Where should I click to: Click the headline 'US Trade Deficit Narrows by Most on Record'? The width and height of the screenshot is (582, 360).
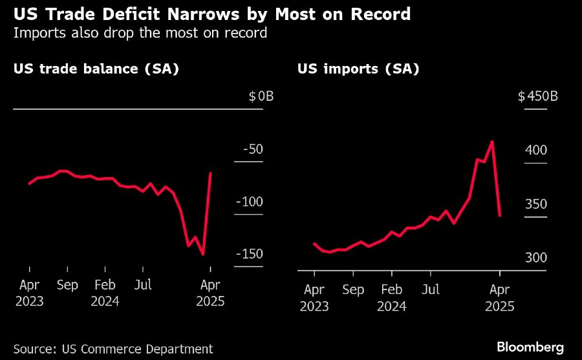click(211, 14)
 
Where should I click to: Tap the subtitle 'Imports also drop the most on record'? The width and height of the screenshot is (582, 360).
click(140, 32)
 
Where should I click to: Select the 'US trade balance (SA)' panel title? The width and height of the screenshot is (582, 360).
click(96, 68)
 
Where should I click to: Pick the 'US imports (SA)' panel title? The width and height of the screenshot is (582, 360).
click(358, 68)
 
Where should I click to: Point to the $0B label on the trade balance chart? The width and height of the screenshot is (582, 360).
click(261, 97)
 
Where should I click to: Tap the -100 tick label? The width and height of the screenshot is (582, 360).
click(249, 202)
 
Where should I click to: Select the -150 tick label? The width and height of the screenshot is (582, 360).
click(249, 254)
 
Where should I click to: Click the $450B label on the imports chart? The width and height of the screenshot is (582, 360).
click(539, 97)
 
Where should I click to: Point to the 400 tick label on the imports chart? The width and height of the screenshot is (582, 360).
click(535, 150)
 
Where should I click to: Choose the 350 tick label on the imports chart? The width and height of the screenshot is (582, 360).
click(535, 204)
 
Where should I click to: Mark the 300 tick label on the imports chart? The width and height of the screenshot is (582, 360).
click(535, 258)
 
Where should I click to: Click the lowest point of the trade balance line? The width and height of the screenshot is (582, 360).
click(203, 254)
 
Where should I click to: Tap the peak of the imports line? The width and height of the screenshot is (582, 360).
click(493, 142)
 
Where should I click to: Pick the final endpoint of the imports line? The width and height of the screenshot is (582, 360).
click(500, 215)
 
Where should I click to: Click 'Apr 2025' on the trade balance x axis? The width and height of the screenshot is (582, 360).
click(210, 292)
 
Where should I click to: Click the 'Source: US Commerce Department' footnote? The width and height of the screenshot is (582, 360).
click(113, 348)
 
